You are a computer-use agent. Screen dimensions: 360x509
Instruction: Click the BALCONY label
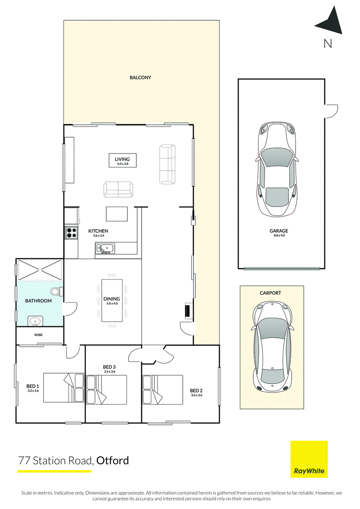[140, 77]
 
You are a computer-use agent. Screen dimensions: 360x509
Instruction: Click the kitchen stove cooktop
[72, 232]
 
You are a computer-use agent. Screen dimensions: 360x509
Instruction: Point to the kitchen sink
[104, 248]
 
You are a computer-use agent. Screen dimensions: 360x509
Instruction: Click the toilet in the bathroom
[57, 292]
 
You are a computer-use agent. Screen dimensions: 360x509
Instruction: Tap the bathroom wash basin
[35, 321]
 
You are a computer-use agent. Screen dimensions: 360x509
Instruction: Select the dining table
[112, 300]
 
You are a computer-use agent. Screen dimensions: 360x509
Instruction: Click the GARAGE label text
[279, 231]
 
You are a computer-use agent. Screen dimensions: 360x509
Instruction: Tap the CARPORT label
[270, 293]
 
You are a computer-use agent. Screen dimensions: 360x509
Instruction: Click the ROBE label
[39, 335]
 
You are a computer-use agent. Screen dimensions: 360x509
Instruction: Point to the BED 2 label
[196, 391]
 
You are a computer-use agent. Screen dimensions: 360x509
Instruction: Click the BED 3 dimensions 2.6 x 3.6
[110, 371]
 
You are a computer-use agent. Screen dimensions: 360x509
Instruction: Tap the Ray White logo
[309, 459]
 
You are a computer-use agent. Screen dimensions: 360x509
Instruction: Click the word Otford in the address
[112, 460]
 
